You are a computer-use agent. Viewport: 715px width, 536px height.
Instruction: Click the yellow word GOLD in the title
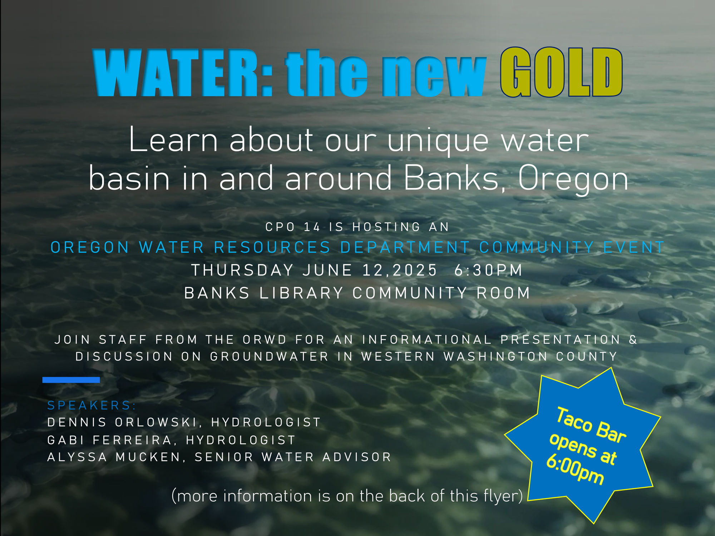[x=561, y=72]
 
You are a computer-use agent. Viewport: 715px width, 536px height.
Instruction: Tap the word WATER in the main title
[x=182, y=73]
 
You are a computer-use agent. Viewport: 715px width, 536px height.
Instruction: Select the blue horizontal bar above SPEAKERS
[x=71, y=380]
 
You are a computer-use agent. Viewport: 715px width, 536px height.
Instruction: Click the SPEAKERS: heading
[x=92, y=406]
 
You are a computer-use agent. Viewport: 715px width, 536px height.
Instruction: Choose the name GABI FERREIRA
[x=110, y=440]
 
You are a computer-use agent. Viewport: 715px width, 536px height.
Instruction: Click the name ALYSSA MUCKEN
[x=114, y=457]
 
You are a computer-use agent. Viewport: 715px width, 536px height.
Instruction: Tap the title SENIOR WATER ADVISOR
[x=293, y=457]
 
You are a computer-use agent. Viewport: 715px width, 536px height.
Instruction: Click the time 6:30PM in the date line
[x=488, y=270]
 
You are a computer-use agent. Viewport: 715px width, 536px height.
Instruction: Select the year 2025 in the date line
[x=415, y=270]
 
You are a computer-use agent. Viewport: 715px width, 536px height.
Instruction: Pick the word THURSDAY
[x=242, y=270]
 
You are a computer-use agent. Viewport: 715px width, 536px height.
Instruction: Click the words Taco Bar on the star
[x=591, y=425]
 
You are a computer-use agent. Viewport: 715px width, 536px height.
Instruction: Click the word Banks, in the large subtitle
[x=455, y=178]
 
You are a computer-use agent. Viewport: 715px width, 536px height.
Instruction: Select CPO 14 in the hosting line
[x=292, y=227]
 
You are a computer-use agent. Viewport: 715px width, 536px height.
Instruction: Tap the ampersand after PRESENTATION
[x=633, y=339]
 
